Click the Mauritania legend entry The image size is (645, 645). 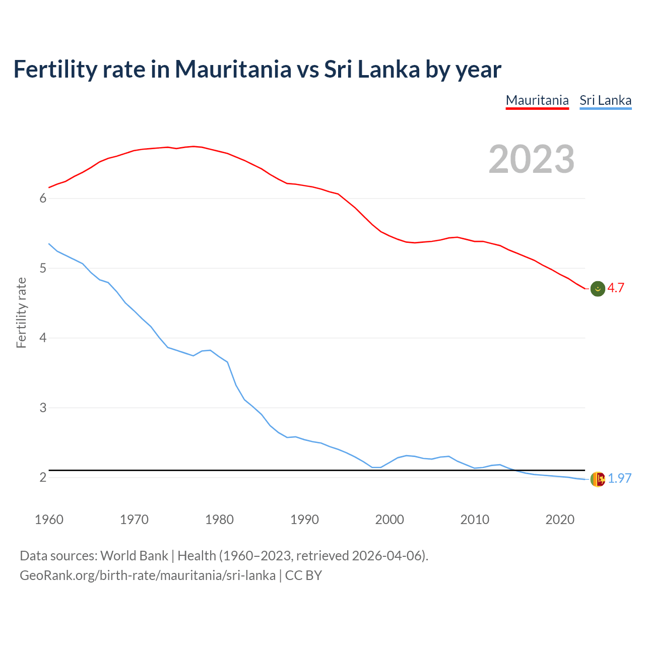click(537, 100)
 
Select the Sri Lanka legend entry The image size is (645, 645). click(605, 100)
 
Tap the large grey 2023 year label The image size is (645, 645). click(532, 159)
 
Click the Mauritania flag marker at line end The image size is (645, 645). click(598, 289)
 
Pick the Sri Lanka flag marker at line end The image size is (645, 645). click(598, 479)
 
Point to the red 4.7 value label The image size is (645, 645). click(616, 288)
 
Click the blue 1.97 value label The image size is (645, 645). click(619, 478)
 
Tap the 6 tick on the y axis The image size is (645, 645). click(43, 199)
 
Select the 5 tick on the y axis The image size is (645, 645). click(43, 268)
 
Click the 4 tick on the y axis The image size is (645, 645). click(43, 338)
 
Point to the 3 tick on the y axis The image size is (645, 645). click(43, 408)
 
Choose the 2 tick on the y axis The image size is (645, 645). click(43, 477)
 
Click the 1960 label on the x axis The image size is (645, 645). click(49, 520)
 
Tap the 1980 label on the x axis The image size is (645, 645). click(219, 520)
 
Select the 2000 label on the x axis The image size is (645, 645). click(390, 520)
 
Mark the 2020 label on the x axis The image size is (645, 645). click(560, 520)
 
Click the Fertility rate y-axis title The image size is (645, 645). click(21, 312)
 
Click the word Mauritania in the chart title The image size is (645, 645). click(233, 69)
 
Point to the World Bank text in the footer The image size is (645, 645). click(134, 556)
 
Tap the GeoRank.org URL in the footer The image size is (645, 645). click(148, 575)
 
